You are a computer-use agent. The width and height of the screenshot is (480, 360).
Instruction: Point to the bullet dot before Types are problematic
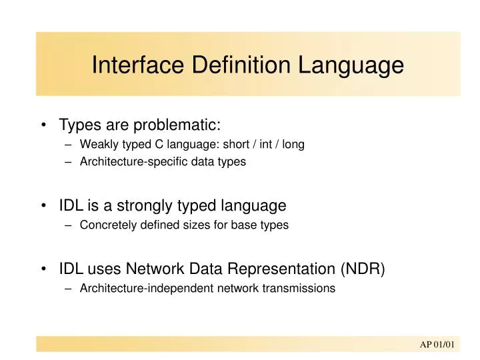coord(43,125)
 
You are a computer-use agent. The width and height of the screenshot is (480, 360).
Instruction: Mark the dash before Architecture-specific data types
coord(69,162)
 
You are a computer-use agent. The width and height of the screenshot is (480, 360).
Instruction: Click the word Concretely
coord(106,225)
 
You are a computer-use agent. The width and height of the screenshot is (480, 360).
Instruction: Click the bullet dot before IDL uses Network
coord(43,269)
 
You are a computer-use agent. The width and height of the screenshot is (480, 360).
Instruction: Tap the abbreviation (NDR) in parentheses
coord(363,269)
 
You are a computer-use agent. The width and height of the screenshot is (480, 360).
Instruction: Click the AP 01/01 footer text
coord(437,344)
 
